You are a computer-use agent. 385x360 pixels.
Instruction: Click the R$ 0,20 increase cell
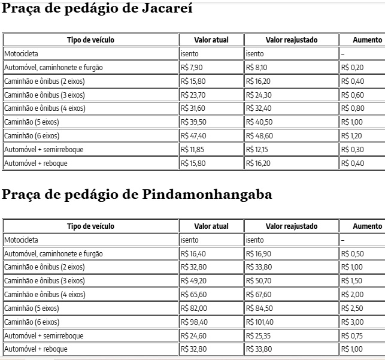352,68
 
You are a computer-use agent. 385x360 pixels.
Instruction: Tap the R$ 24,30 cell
259,95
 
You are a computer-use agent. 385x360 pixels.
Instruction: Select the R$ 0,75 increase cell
352,335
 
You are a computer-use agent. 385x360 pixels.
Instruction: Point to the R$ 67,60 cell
259,295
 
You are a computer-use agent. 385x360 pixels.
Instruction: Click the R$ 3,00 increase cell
352,322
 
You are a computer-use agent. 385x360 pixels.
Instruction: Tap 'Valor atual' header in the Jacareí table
211,40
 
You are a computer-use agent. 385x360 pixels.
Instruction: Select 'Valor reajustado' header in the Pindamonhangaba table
292,226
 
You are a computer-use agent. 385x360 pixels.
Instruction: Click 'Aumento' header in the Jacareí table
367,40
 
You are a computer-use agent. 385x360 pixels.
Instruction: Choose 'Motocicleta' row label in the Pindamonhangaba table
21,240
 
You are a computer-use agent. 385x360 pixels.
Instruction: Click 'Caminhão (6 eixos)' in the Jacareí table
32,135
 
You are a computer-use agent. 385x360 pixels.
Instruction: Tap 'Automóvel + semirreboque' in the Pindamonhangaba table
44,335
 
